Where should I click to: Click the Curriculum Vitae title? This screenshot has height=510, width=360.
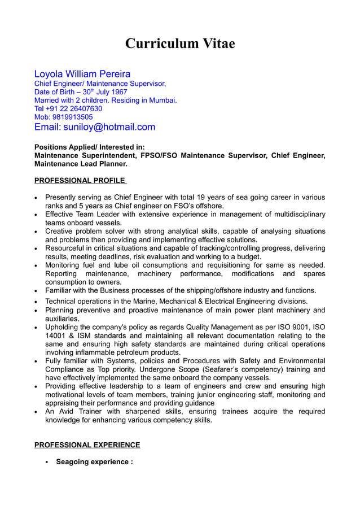179,43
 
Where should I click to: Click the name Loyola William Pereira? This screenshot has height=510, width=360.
82,74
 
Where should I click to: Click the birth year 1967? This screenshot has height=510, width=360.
118,92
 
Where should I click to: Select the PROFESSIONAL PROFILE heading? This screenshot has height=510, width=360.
80,180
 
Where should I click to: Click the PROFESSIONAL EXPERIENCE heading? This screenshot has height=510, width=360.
87,445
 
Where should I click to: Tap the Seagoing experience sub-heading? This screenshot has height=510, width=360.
94,462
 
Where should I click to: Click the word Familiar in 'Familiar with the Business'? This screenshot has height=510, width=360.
60,291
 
